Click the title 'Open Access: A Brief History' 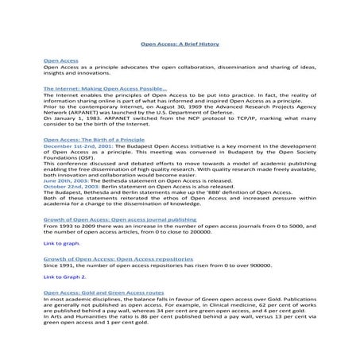(180, 45)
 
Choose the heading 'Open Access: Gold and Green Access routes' (103, 292)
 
